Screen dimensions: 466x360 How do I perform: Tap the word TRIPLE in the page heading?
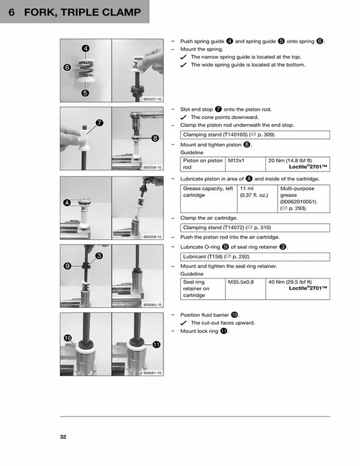tap(87, 11)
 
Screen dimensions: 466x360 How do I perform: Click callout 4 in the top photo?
tap(86, 49)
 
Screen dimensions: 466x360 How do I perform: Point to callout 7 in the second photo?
tap(99, 123)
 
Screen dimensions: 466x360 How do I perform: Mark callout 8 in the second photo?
tap(155, 138)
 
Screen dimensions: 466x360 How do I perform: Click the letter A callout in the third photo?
tap(67, 203)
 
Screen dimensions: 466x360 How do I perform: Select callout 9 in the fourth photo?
tap(68, 266)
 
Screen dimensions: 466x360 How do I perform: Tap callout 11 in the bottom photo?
tap(156, 344)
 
